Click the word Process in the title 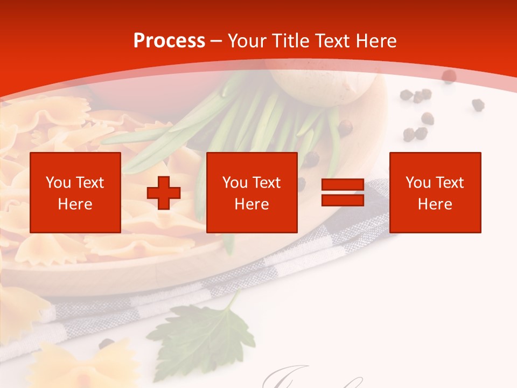click(x=169, y=41)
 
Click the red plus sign click(x=164, y=192)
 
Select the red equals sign click(x=343, y=192)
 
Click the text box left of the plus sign click(x=75, y=192)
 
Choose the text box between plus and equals click(x=251, y=192)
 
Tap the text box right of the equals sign click(x=435, y=192)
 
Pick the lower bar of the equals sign click(x=343, y=200)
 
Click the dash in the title click(x=216, y=41)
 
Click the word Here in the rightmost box click(x=435, y=204)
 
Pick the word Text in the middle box click(x=267, y=183)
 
